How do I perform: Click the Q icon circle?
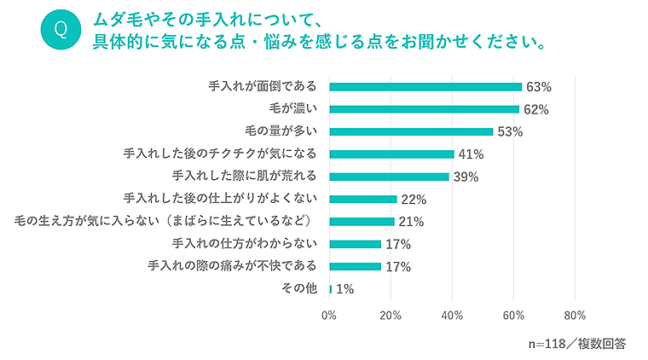tap(60, 29)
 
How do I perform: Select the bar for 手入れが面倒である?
tap(425, 87)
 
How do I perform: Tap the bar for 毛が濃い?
tap(424, 109)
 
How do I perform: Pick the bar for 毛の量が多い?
tap(411, 131)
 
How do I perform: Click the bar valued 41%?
tap(391, 154)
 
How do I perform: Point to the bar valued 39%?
tap(389, 177)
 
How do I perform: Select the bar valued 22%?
tap(363, 199)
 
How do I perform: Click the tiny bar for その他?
tap(331, 289)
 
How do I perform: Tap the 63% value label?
tap(539, 87)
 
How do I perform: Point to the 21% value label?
tap(412, 222)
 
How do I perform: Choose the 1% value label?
tap(344, 289)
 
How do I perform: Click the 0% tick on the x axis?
tap(329, 315)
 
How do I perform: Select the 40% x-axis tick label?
tap(452, 315)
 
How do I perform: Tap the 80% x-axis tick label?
tap(575, 315)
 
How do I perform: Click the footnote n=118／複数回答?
tap(577, 344)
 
